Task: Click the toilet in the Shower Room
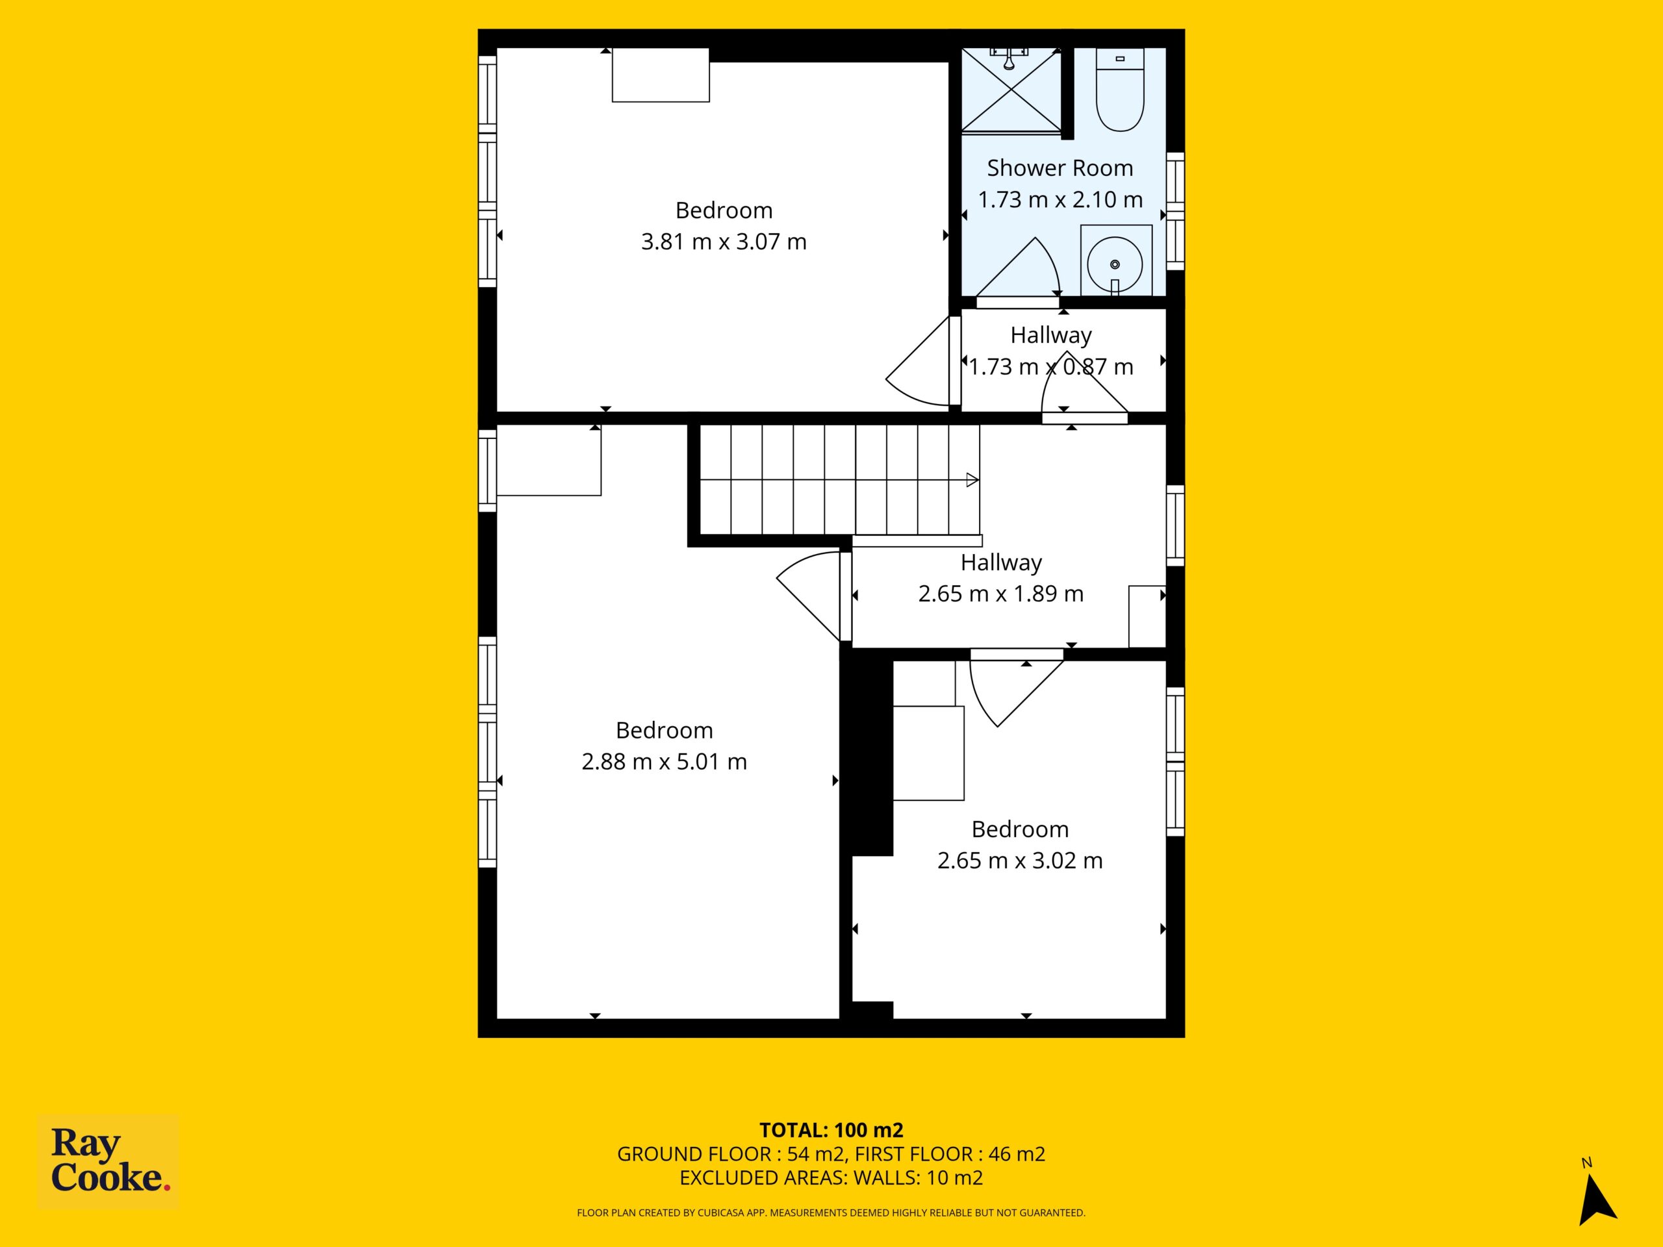click(x=1119, y=90)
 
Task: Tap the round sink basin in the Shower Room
click(x=1115, y=264)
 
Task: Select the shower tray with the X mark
click(x=1011, y=90)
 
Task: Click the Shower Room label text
click(x=1060, y=168)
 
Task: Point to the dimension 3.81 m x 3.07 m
click(x=724, y=242)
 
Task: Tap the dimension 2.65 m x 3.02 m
click(x=1019, y=861)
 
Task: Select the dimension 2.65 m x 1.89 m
click(x=1000, y=594)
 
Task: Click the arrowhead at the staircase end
click(x=972, y=479)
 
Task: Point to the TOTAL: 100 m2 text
click(x=831, y=1129)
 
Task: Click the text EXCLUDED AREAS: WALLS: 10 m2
click(x=831, y=1178)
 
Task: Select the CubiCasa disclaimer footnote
click(x=831, y=1213)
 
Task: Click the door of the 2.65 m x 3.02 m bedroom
click(x=1016, y=688)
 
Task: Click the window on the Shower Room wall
click(x=1175, y=211)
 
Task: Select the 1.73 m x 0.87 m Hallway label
click(x=1050, y=351)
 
